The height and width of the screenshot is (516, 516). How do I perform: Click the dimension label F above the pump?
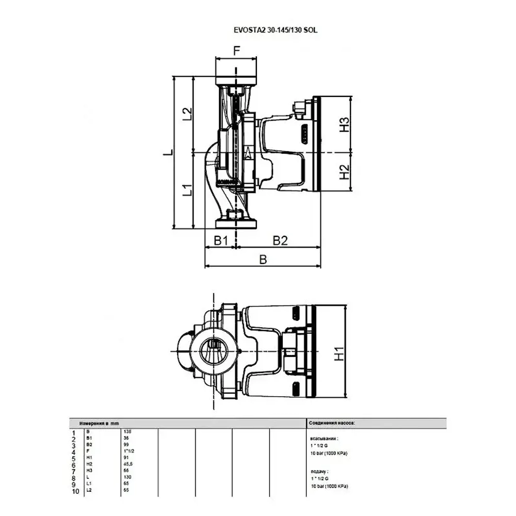[x=237, y=51]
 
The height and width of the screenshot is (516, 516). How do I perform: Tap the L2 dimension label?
[x=188, y=114]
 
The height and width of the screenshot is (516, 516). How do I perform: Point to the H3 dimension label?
[x=344, y=125]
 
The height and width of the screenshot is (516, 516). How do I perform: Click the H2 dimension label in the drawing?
[x=344, y=172]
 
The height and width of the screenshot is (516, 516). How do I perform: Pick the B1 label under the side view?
[x=221, y=240]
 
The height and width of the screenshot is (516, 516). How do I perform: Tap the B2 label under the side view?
[x=280, y=240]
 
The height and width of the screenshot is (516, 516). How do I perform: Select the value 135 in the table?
[x=127, y=431]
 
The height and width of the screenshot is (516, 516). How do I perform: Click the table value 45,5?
[x=128, y=464]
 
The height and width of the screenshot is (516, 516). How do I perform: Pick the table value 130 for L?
[x=127, y=477]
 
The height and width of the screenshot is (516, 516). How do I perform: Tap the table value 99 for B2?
[x=126, y=444]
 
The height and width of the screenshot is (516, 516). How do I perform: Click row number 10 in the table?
[x=75, y=492]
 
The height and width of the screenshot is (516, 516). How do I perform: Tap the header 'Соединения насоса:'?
[x=332, y=423]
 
